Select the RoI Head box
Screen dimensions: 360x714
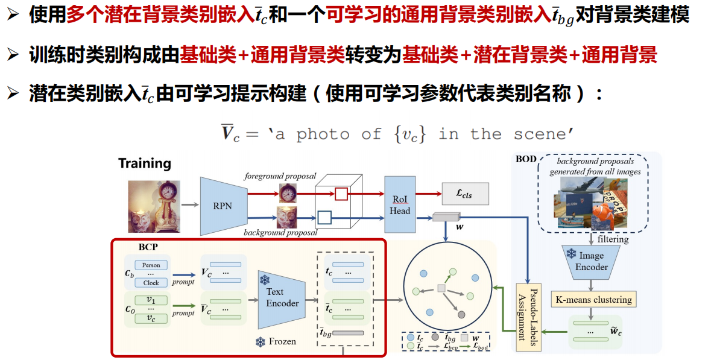(x=399, y=205)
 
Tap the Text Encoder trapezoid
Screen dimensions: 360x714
(x=282, y=297)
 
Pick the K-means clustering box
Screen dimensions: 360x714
(x=594, y=299)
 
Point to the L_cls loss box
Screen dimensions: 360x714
(x=465, y=194)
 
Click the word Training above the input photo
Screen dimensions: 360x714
(x=145, y=163)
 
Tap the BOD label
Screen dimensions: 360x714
(x=525, y=159)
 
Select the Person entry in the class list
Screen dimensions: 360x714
(x=151, y=265)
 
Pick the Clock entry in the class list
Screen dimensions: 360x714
(x=151, y=283)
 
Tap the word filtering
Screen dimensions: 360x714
(x=613, y=239)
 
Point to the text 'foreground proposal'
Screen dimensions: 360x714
(x=280, y=176)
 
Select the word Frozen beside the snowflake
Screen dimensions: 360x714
(x=282, y=341)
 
